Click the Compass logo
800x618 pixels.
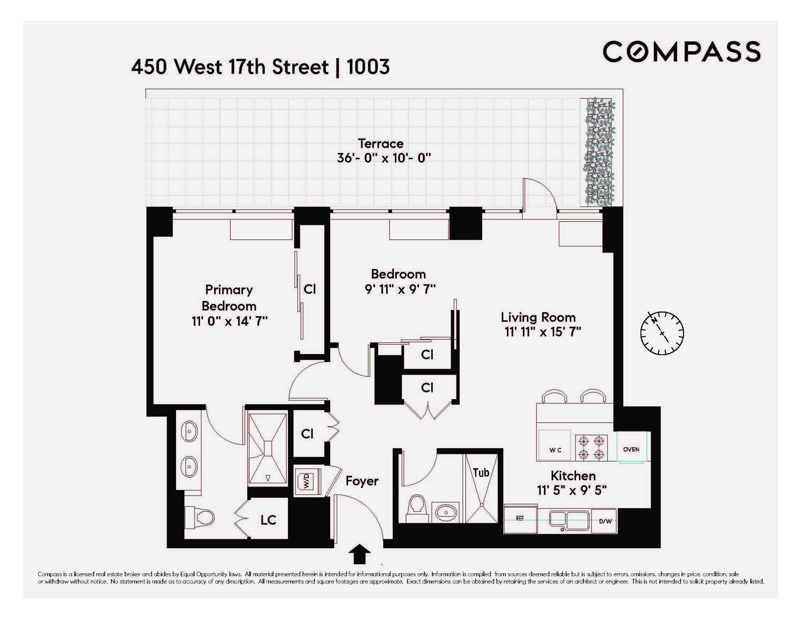pyautogui.click(x=681, y=52)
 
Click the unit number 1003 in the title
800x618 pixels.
pyautogui.click(x=368, y=67)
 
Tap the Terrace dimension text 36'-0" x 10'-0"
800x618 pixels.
pyautogui.click(x=384, y=158)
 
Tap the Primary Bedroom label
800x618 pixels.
pyautogui.click(x=229, y=298)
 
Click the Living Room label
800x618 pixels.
pyautogui.click(x=538, y=317)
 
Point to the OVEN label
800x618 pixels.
pyautogui.click(x=631, y=449)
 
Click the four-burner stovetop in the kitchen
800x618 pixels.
pyautogui.click(x=591, y=447)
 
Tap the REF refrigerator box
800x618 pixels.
pyautogui.click(x=520, y=518)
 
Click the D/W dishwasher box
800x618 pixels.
pyautogui.click(x=605, y=521)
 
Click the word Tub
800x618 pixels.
pyautogui.click(x=481, y=473)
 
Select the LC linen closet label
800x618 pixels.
pyautogui.click(x=268, y=520)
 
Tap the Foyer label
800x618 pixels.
pyautogui.click(x=362, y=481)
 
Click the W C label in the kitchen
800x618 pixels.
pyautogui.click(x=555, y=450)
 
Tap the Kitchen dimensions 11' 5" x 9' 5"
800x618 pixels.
pyautogui.click(x=572, y=490)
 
